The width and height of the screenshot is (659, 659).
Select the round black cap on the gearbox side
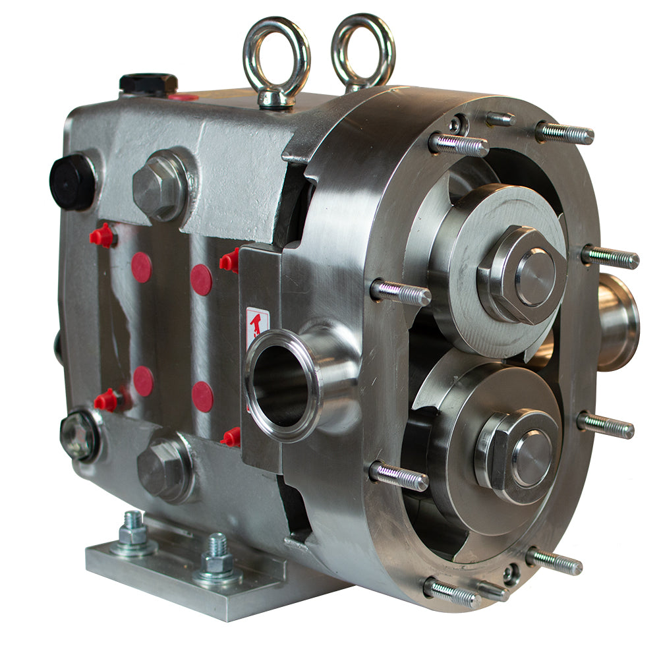click(72, 181)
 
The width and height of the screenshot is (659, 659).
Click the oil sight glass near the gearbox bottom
click(78, 435)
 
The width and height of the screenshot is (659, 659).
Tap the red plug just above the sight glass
click(106, 399)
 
